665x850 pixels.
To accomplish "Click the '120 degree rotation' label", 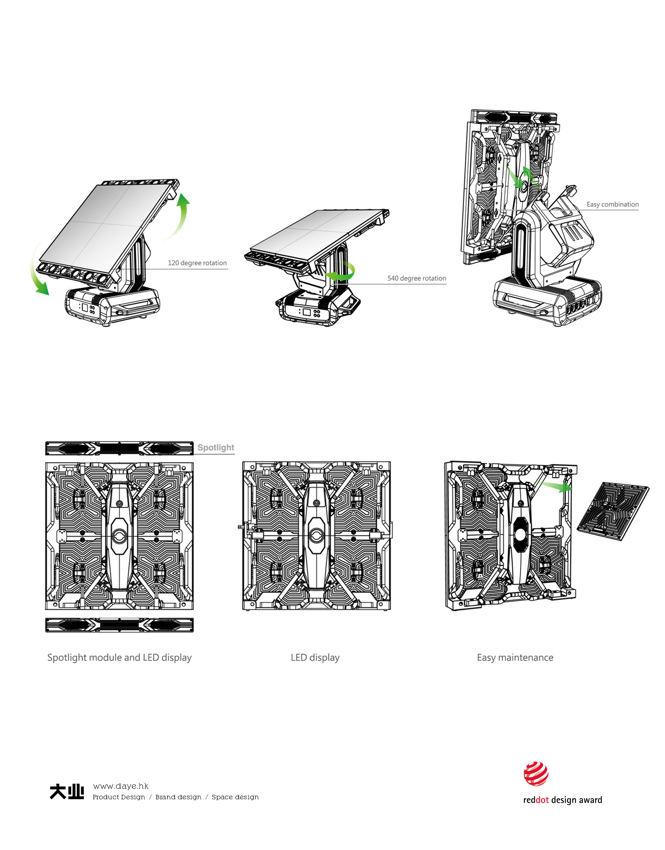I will (197, 263).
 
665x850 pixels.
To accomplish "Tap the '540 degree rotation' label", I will (416, 278).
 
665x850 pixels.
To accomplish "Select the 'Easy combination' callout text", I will (612, 204).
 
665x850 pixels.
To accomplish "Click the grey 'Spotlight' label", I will (216, 447).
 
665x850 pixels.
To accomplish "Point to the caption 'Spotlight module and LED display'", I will (119, 657).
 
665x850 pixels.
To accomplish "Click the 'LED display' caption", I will (315, 657).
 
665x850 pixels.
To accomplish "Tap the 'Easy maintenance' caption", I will (515, 657).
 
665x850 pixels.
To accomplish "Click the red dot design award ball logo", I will (536, 774).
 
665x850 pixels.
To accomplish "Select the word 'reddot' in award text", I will (536, 800).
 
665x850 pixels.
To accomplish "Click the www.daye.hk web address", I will (121, 786).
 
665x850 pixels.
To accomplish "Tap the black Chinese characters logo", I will (67, 791).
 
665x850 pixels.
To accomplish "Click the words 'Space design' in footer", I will (235, 797).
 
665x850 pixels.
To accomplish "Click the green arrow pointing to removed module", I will (557, 487).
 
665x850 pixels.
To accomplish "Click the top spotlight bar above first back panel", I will (119, 448).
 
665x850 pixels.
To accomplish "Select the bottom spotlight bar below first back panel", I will (119, 625).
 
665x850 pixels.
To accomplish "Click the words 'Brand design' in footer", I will (178, 797).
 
